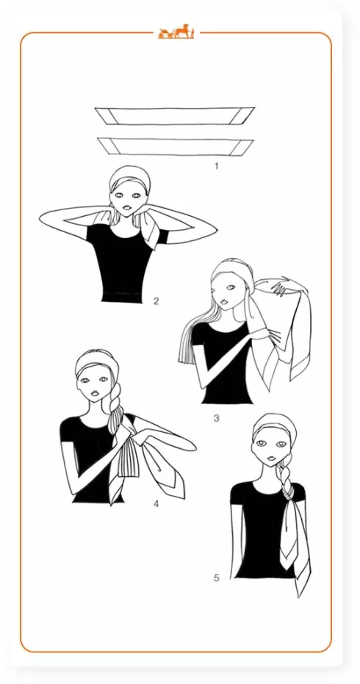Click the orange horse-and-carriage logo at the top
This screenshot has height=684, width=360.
point(176,32)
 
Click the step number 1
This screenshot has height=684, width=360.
point(216,166)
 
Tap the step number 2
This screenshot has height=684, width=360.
point(156,300)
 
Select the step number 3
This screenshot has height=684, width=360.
point(216,418)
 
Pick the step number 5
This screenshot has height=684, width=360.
point(216,578)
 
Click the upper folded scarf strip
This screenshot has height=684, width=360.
point(175,116)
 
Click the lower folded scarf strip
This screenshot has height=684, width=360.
point(176,147)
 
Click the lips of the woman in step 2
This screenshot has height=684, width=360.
point(126,209)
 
